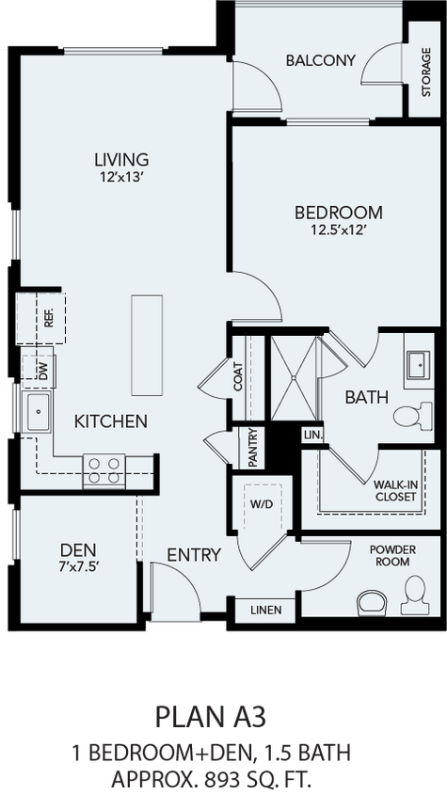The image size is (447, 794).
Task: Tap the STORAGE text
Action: point(426,71)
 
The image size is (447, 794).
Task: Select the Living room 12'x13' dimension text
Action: point(121,178)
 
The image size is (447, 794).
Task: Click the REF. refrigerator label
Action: point(49,318)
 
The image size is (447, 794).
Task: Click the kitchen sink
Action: point(38,412)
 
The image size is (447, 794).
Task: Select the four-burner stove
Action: point(104,471)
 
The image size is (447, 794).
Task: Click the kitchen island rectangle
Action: point(147,345)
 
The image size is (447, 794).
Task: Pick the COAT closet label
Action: point(238,376)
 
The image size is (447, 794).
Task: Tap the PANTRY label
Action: point(253,448)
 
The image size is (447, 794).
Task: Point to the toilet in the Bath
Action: point(413,416)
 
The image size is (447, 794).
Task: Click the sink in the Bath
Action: point(419,364)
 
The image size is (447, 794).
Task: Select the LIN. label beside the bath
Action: point(311,435)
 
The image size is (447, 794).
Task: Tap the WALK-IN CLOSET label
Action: point(396,490)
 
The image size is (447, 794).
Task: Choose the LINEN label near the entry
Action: point(266,610)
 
